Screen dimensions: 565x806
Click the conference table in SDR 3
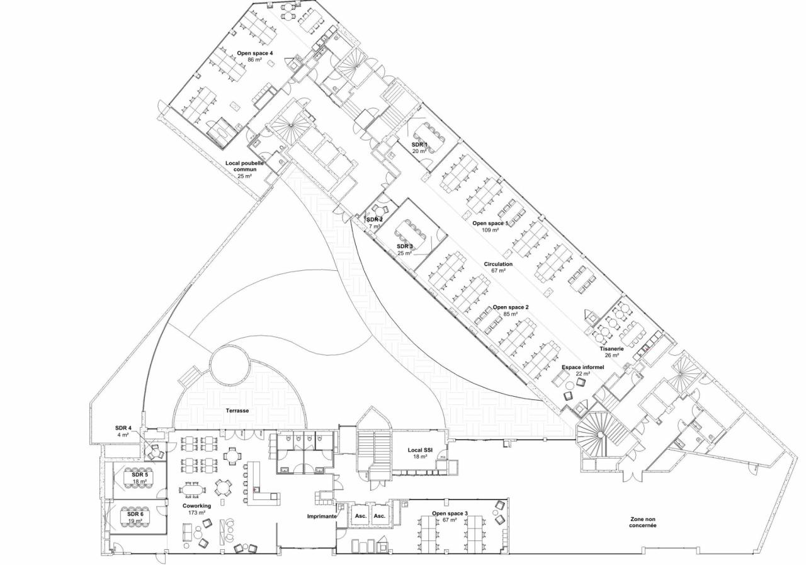coord(416,230)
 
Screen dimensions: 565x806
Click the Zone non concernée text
coord(643,522)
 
